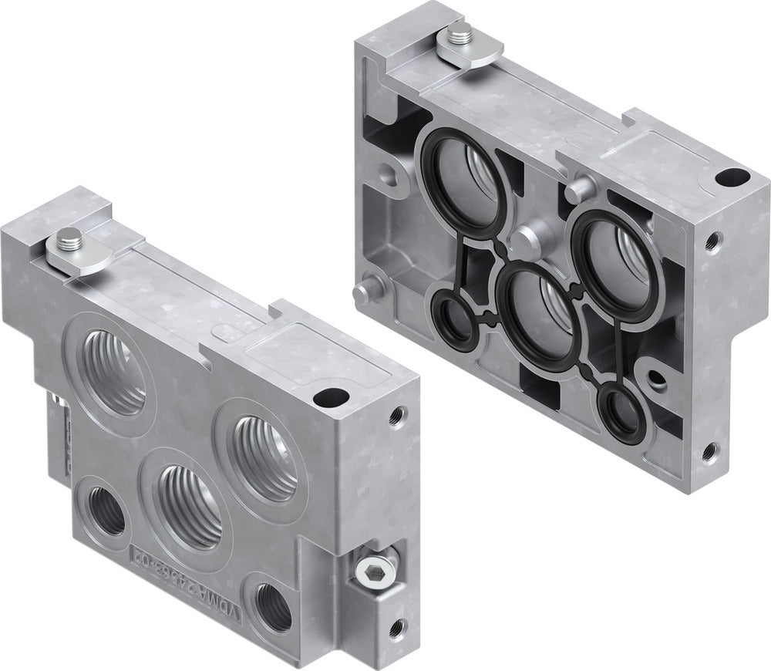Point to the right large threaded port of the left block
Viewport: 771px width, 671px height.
(264, 457)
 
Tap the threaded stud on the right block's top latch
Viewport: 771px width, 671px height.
(461, 33)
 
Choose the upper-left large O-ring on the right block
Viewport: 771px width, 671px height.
(461, 180)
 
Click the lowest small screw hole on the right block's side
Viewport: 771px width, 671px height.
(708, 451)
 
